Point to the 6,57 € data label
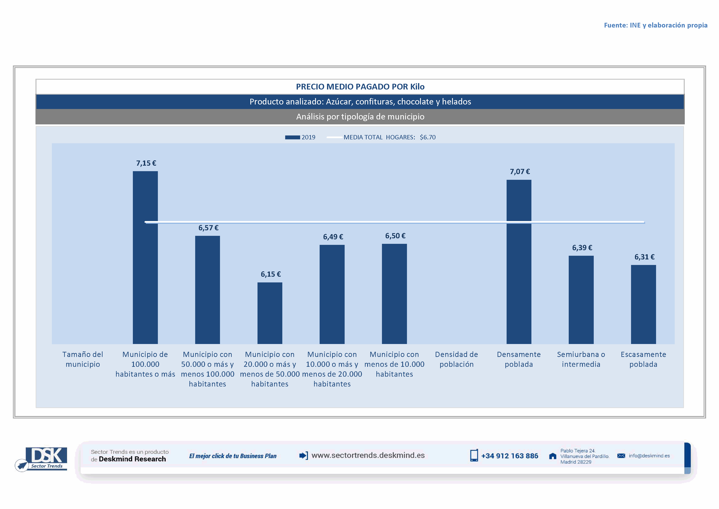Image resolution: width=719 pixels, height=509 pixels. click(x=208, y=228)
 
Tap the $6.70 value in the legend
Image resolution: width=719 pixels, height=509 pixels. click(x=427, y=137)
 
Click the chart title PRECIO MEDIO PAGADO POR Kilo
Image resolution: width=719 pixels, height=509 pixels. click(x=360, y=87)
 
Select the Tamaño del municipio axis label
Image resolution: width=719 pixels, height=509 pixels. click(x=83, y=359)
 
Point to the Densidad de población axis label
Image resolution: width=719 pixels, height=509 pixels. click(x=456, y=359)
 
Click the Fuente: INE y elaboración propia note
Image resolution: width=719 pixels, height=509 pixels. click(x=655, y=25)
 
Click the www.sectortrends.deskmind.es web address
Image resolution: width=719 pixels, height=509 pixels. click(x=368, y=455)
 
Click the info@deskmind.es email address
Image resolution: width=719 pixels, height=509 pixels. click(x=649, y=456)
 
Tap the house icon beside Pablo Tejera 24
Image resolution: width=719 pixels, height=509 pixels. click(x=553, y=456)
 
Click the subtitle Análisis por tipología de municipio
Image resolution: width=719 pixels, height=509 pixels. click(x=360, y=117)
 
